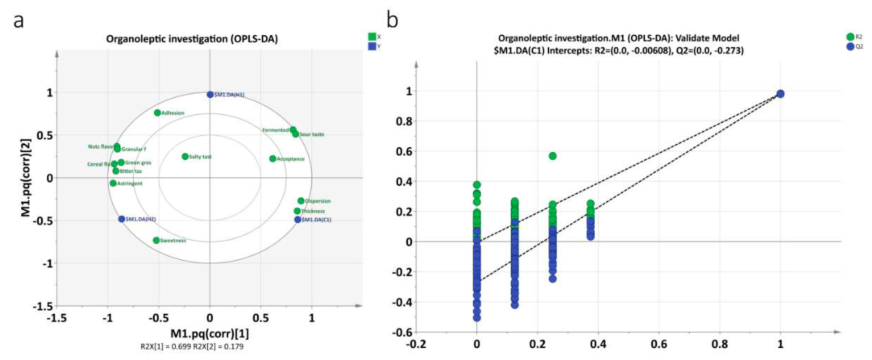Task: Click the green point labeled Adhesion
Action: pyautogui.click(x=157, y=113)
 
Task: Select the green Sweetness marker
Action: pyautogui.click(x=156, y=240)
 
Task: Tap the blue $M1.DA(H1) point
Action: pyautogui.click(x=210, y=95)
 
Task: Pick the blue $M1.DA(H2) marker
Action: pyautogui.click(x=122, y=219)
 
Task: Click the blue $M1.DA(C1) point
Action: pyautogui.click(x=297, y=219)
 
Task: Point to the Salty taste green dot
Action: pyautogui.click(x=185, y=157)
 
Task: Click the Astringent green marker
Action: pyautogui.click(x=113, y=183)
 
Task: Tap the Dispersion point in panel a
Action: pyautogui.click(x=301, y=201)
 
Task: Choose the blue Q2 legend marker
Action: pyautogui.click(x=850, y=47)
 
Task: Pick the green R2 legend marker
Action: pyautogui.click(x=850, y=37)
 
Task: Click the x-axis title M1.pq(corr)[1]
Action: pyautogui.click(x=209, y=334)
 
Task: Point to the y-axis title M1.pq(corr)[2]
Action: pyautogui.click(x=26, y=178)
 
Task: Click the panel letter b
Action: pyautogui.click(x=393, y=20)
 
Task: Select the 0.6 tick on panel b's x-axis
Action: pyautogui.click(x=659, y=344)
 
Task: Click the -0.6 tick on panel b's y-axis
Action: pyautogui.click(x=402, y=332)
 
